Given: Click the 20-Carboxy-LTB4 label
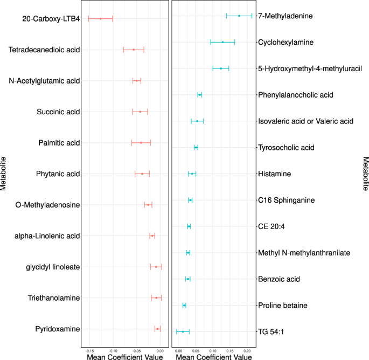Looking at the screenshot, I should point(51,19).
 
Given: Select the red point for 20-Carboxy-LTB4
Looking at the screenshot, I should point(100,19).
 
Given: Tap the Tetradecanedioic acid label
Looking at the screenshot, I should point(44,50).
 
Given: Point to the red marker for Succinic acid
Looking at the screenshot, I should point(140,112).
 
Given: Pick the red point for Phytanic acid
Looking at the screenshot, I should point(142,174).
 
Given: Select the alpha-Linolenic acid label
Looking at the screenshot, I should point(52,236).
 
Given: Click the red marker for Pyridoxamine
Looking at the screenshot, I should point(157,329).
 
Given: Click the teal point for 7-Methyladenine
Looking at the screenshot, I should point(239,16).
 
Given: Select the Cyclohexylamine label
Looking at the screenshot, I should point(287,42).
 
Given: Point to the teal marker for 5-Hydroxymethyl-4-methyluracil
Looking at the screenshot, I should point(221,68).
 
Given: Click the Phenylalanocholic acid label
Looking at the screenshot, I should point(296,95).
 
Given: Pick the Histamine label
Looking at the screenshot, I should point(275,174).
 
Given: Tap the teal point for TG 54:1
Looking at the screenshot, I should point(183,331).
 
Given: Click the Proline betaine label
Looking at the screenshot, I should point(283,306).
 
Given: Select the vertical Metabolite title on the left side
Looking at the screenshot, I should point(4,174).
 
